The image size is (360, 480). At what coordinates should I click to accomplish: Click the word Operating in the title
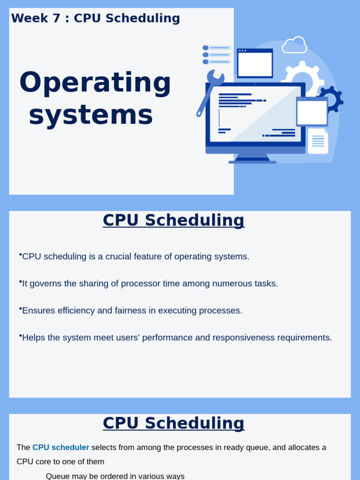click(x=95, y=82)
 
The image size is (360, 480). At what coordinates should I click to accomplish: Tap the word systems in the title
click(x=91, y=115)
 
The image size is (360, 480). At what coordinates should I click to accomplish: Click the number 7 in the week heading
click(x=56, y=18)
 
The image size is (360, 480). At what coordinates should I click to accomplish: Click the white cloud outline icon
click(x=294, y=45)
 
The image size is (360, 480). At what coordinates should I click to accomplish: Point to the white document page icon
click(x=318, y=141)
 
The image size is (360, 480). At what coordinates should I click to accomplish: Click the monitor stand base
click(x=252, y=162)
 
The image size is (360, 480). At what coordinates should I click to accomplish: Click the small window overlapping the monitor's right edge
click(x=312, y=112)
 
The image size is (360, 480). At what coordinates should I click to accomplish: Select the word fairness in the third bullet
click(x=139, y=311)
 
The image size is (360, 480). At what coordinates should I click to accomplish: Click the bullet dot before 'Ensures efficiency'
click(x=21, y=308)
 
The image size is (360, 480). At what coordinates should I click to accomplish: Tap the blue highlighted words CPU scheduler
click(x=60, y=448)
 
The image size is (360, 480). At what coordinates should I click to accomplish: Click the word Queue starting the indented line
click(x=57, y=476)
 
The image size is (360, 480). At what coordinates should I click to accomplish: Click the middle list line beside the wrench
click(x=219, y=55)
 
